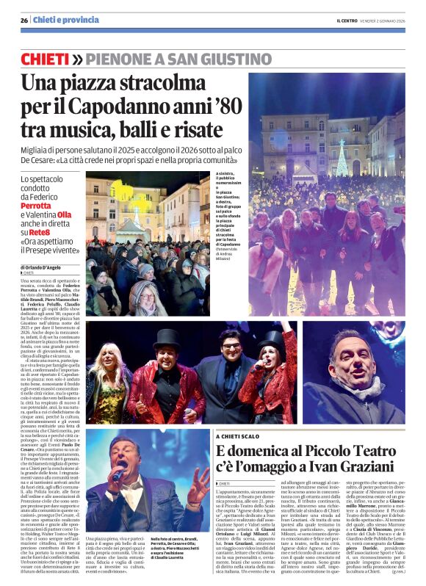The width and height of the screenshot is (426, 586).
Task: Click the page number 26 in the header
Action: (x=24, y=20)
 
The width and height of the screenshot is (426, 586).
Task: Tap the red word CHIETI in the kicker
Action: (x=46, y=58)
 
